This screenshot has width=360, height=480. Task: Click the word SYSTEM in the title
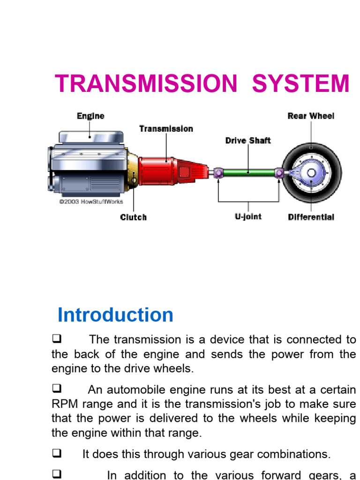pos(300,84)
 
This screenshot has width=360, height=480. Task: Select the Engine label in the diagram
pos(90,116)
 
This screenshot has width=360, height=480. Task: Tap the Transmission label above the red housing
pos(166,128)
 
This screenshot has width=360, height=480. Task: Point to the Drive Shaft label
pos(248,140)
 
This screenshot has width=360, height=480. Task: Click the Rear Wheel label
pos(311,116)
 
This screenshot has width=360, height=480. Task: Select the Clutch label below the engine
pos(133,217)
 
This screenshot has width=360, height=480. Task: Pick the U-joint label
pos(248,217)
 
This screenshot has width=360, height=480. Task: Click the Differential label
pos(311,217)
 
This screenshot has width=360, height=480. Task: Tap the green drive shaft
pos(248,173)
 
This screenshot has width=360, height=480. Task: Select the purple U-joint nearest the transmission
pos(218,173)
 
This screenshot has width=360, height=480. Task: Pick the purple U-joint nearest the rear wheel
pos(279,173)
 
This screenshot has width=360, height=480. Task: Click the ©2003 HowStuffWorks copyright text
pos(91,202)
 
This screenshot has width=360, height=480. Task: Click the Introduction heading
pos(115,315)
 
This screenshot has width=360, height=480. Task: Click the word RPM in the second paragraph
pos(64,404)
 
